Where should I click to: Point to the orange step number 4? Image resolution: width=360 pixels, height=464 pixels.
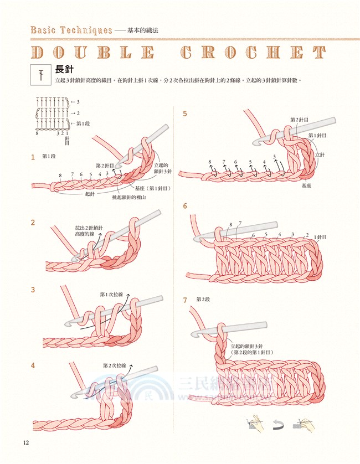(33, 365)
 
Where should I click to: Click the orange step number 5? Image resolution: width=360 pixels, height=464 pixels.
(185, 114)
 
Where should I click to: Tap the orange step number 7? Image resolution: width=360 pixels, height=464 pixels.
(185, 300)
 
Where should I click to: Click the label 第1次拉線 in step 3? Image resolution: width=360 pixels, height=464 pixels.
(111, 294)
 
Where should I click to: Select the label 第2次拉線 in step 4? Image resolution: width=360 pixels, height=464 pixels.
(114, 365)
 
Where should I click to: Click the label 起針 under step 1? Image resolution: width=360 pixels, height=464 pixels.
(90, 194)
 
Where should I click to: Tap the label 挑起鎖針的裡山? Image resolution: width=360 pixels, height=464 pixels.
(129, 197)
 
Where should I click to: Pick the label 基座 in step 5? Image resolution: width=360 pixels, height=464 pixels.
(306, 186)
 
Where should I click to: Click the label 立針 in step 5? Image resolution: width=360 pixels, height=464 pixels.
(320, 155)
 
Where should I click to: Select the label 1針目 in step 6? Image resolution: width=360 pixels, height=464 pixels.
(321, 237)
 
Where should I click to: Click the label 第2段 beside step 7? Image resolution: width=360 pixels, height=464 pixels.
(203, 300)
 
